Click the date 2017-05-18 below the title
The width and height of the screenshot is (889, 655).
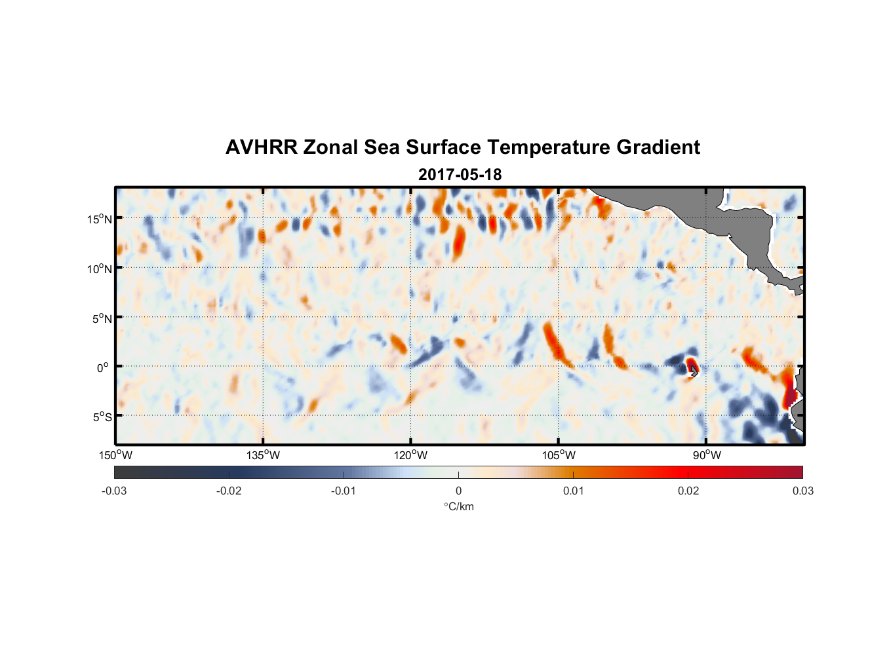point(460,175)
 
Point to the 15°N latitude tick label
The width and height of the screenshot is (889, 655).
point(100,219)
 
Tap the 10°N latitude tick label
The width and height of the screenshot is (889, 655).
point(100,269)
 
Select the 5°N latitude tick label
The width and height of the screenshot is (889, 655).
point(102,318)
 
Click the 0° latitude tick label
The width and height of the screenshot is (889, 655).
point(103,367)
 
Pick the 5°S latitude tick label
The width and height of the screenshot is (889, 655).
point(102,417)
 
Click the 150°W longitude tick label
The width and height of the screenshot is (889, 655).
point(116,455)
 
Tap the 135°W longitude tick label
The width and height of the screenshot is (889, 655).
point(264,455)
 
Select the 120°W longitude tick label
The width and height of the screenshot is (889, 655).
point(411,455)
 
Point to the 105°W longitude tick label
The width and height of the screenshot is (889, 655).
point(559,455)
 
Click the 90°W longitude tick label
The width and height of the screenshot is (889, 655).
point(707,455)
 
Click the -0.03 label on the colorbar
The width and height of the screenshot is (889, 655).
point(114,491)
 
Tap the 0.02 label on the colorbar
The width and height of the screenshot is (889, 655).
point(688,491)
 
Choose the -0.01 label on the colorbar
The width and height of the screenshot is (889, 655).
point(344,491)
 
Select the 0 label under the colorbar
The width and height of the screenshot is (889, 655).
point(458,491)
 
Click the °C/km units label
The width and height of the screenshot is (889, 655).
point(458,506)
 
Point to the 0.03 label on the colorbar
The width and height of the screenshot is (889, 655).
point(802,491)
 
